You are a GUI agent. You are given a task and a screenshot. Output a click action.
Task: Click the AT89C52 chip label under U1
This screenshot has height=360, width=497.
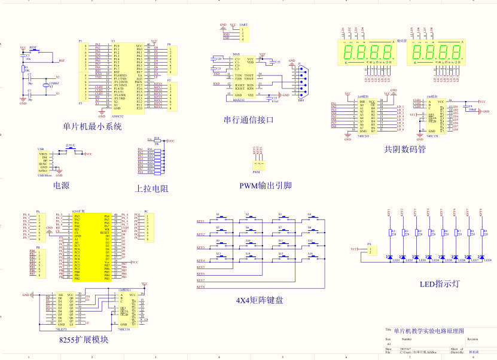(117, 117)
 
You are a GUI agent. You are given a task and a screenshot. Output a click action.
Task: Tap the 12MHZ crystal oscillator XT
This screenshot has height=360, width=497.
(43, 86)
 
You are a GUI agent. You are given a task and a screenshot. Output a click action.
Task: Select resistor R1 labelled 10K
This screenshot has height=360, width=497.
(24, 70)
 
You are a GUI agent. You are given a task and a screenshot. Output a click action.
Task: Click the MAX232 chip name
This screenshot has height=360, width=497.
(239, 100)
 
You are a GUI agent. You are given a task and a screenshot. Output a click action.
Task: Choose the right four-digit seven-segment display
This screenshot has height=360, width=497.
(435, 53)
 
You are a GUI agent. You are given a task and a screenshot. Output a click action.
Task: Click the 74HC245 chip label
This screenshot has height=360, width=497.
(362, 136)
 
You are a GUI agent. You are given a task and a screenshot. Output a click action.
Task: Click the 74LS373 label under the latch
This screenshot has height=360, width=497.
(61, 329)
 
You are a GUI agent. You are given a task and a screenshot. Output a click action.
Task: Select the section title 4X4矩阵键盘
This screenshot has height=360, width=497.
(260, 300)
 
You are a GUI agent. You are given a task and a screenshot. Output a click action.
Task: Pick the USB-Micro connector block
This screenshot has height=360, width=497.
(44, 163)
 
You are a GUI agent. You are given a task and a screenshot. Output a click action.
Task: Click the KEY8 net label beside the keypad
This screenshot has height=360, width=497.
(200, 287)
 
